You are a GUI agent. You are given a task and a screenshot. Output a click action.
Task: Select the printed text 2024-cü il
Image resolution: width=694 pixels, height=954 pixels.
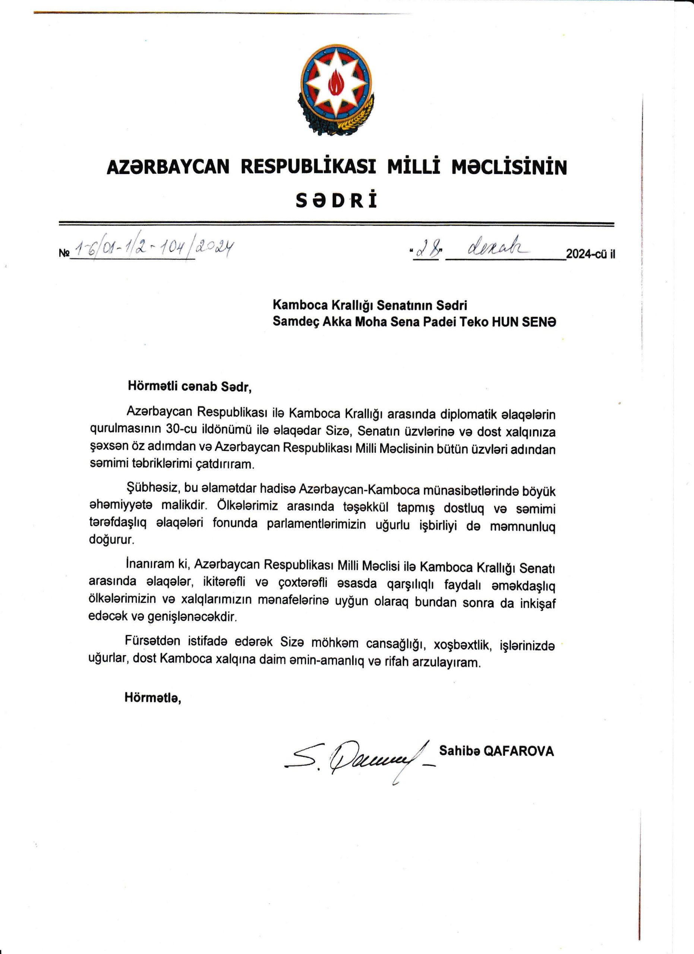pos(590,255)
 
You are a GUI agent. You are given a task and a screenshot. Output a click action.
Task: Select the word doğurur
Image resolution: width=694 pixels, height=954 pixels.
pos(111,540)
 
